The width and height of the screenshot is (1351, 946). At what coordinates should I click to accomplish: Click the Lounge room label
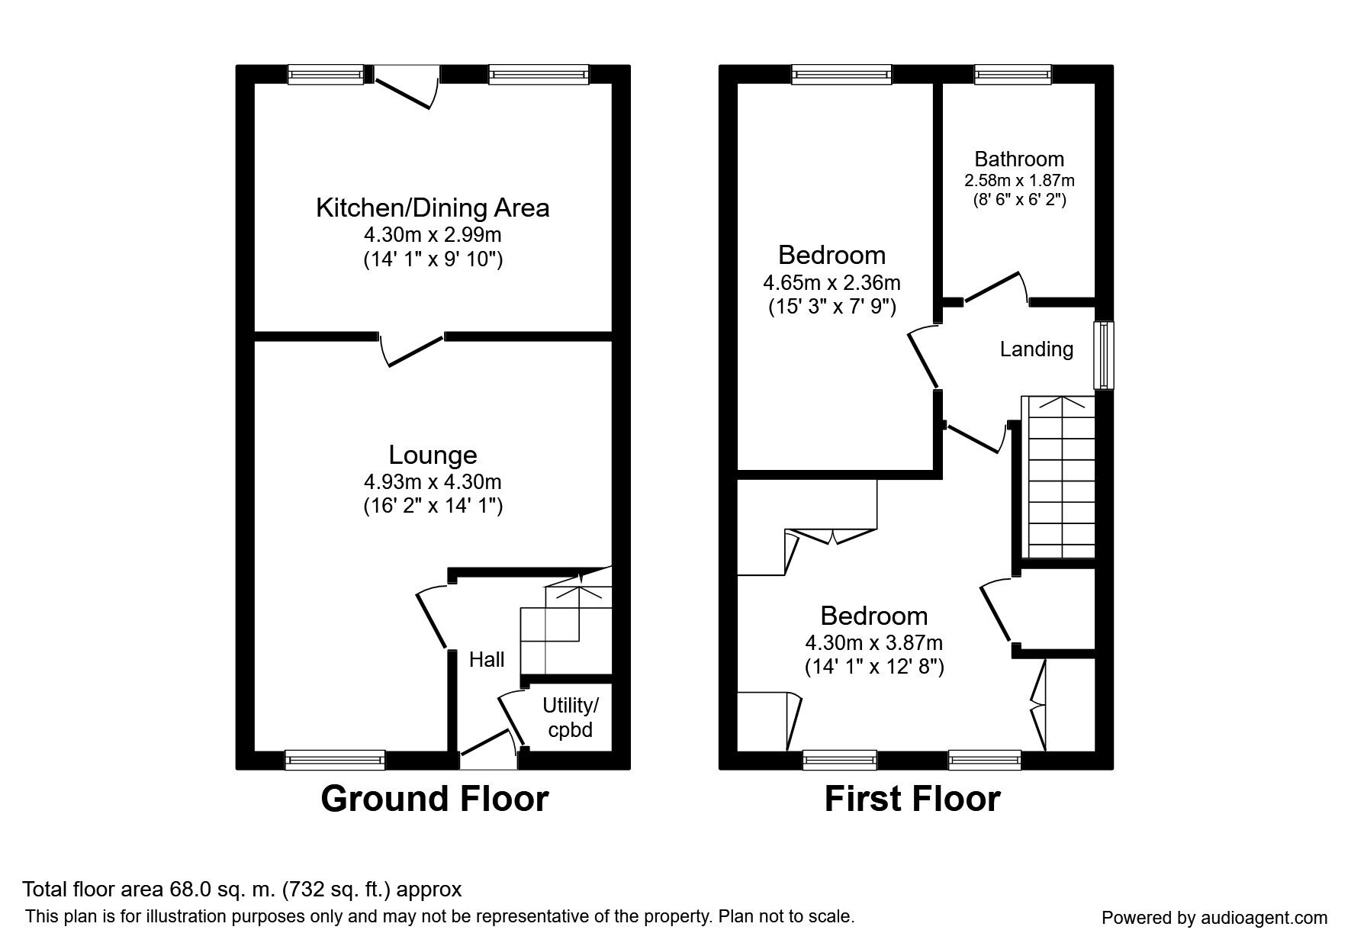point(433,455)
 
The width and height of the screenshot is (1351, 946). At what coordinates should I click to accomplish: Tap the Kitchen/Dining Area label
point(433,208)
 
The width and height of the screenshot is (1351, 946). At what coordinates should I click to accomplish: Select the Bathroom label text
point(1018,159)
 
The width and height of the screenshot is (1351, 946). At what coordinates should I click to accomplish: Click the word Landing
point(1036,349)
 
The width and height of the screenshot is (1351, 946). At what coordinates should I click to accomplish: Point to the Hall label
point(486,659)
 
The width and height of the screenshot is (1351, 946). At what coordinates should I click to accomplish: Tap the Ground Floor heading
point(434,799)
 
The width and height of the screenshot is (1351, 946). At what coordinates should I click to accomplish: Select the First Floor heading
point(912,799)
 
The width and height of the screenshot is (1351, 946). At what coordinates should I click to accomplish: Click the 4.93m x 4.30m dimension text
point(433,481)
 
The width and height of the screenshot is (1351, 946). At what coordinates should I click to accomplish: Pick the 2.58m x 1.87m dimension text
point(1018,181)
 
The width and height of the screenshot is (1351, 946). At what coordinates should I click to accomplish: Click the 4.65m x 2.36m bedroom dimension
point(832,283)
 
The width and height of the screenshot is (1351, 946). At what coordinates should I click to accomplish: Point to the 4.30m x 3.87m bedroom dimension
point(873,643)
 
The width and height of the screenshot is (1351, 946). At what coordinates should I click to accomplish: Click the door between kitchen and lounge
point(413,349)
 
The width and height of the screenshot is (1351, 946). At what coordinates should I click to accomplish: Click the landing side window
point(1103,355)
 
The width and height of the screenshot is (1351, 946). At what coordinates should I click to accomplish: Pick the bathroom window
point(1012,74)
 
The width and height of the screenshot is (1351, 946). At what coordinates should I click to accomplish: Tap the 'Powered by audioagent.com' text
point(1214,918)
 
